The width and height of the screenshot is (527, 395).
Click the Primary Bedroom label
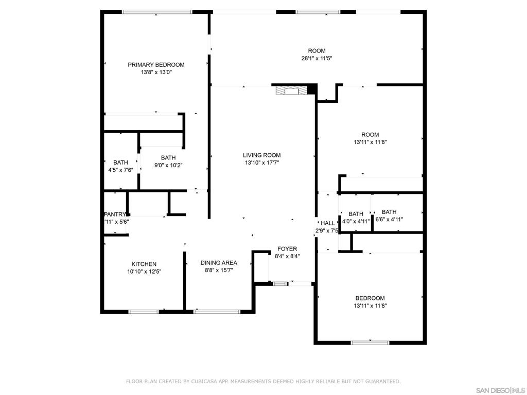coord(156,65)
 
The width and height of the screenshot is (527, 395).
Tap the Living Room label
coord(262,155)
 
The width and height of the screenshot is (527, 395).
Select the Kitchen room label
coord(144,264)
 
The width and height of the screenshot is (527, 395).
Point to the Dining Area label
coord(219,263)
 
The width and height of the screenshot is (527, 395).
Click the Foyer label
coord(287,249)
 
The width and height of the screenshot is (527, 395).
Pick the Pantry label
coord(115,214)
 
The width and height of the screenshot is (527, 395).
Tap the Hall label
coord(328,223)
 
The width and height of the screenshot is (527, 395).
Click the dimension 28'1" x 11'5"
coord(317,59)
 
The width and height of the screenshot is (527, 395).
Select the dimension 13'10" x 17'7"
coord(262,163)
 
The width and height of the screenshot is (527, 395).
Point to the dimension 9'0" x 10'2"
coord(168,165)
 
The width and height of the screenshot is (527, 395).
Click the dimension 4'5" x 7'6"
coord(120,170)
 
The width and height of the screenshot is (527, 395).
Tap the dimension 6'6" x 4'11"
coord(389,220)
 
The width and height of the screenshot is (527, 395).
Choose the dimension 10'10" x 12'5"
coord(144,272)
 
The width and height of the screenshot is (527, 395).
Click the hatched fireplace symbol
coord(292,91)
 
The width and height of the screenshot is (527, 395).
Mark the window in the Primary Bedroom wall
coord(157,12)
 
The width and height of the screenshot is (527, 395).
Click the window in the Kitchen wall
coord(144,312)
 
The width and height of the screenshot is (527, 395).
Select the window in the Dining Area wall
coord(217,312)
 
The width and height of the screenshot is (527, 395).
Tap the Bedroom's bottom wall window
coord(370,343)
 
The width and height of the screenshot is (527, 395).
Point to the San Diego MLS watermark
coord(500,390)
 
